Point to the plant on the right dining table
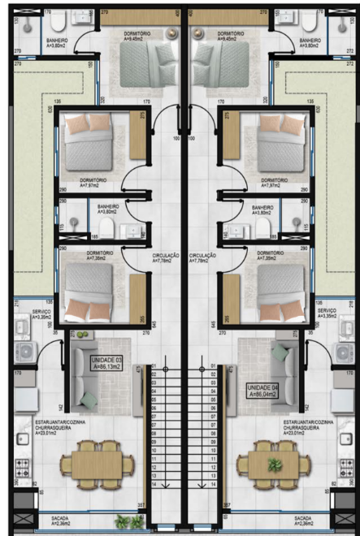[275, 464]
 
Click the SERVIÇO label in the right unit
[327, 313]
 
